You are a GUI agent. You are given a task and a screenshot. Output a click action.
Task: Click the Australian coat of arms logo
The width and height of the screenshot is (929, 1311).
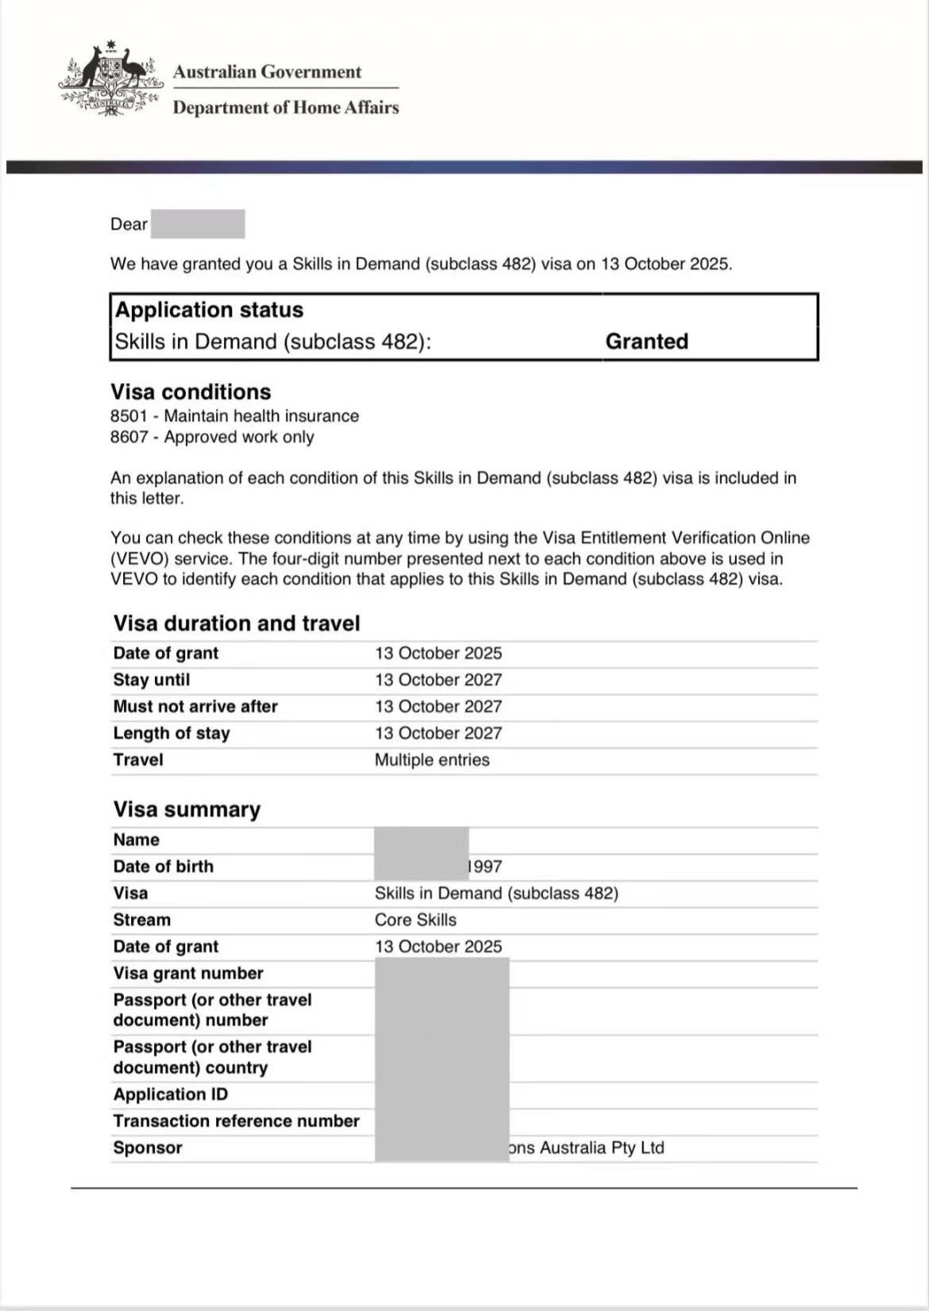pos(110,78)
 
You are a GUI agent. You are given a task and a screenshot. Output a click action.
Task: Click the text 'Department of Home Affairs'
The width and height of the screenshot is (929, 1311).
pos(286,107)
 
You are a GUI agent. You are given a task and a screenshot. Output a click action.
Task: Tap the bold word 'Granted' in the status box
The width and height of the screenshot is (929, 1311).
pos(646,342)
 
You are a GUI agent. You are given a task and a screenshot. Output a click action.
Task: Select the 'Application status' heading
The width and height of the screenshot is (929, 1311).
pos(209,310)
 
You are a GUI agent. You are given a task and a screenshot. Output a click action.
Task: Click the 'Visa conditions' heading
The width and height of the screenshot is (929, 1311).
pos(191,392)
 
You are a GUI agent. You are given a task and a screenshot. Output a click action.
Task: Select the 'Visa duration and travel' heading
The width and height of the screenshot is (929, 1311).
pos(237,623)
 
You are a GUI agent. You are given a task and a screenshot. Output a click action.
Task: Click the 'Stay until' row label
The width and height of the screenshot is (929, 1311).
pos(152,680)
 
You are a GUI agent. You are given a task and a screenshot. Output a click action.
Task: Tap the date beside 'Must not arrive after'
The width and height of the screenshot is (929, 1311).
pos(438,706)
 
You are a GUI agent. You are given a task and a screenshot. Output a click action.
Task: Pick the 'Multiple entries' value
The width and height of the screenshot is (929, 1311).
pos(432,760)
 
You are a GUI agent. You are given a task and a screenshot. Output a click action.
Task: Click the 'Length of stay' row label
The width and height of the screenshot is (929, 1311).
pos(172,733)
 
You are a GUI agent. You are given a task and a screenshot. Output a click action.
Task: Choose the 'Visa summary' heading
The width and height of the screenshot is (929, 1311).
pos(187,809)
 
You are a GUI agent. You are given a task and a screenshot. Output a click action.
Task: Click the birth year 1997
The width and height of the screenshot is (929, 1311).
pos(486,867)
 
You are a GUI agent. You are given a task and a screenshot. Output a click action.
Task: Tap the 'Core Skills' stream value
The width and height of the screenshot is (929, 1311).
pos(415,920)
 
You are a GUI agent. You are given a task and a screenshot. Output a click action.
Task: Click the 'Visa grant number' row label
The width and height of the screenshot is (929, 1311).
pos(188,973)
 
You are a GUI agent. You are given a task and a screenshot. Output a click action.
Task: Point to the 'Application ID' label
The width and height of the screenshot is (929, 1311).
pos(171,1095)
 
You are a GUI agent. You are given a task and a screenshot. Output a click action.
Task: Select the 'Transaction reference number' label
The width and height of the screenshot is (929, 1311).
pos(237,1121)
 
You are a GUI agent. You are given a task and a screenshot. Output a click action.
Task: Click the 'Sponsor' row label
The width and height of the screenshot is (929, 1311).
pos(148,1148)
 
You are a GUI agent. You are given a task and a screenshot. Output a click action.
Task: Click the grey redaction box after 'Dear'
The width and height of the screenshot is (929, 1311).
pos(198,224)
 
